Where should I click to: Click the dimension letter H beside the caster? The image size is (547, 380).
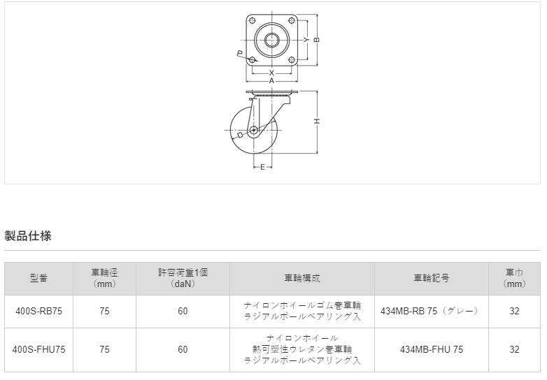point(317,122)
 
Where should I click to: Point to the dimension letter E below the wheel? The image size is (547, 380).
point(263,167)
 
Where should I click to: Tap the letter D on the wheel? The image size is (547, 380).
point(240,135)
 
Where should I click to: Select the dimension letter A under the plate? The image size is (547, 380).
point(271,81)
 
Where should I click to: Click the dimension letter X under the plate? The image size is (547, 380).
point(271,73)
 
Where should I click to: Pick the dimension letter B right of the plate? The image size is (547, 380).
point(317,40)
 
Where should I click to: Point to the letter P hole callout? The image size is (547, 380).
point(240,53)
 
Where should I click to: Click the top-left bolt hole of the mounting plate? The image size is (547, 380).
point(253,20)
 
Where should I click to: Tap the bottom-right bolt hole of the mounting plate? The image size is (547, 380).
point(291,60)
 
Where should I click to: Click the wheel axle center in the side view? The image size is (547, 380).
point(254,131)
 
